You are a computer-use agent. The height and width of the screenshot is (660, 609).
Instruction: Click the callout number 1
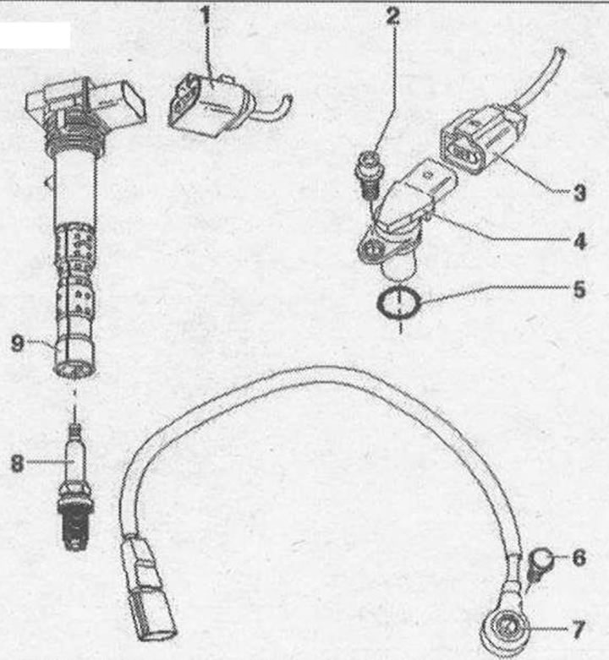click(206, 15)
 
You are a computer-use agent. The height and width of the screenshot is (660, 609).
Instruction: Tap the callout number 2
click(392, 15)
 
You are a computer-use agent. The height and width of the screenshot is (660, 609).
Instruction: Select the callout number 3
click(579, 193)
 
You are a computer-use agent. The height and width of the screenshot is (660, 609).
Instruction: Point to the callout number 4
click(580, 241)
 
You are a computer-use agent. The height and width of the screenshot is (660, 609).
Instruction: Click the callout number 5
click(580, 290)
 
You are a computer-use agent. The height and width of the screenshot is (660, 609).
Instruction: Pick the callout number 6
click(579, 558)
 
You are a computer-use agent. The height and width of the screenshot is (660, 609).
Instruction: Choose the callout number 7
click(579, 630)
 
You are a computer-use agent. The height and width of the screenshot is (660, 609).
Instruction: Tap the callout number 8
click(17, 463)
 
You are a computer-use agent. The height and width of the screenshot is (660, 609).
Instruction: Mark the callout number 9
click(17, 343)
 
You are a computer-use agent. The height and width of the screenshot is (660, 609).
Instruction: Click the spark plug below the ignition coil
click(74, 488)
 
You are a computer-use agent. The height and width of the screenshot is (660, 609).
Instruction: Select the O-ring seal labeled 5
click(399, 303)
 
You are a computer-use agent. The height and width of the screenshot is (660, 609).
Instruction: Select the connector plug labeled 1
click(211, 105)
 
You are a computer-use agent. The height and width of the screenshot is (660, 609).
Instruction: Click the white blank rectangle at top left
click(35, 35)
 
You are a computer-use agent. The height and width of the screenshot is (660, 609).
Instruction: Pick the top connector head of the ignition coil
click(86, 101)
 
